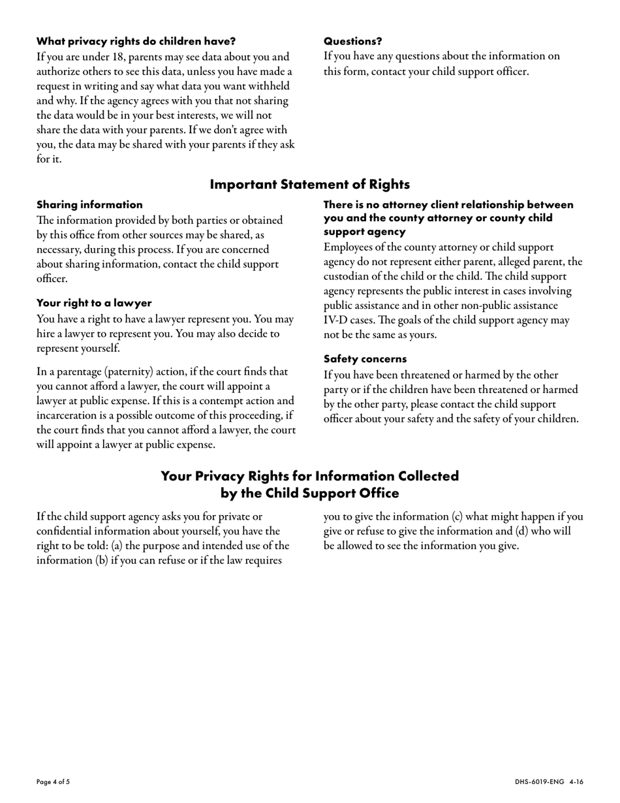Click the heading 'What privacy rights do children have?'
point(136,41)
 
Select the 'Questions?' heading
point(352,41)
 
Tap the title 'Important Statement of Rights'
point(309,185)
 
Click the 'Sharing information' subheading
point(89,205)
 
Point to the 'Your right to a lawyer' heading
point(94,303)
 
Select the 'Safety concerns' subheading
point(365,359)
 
